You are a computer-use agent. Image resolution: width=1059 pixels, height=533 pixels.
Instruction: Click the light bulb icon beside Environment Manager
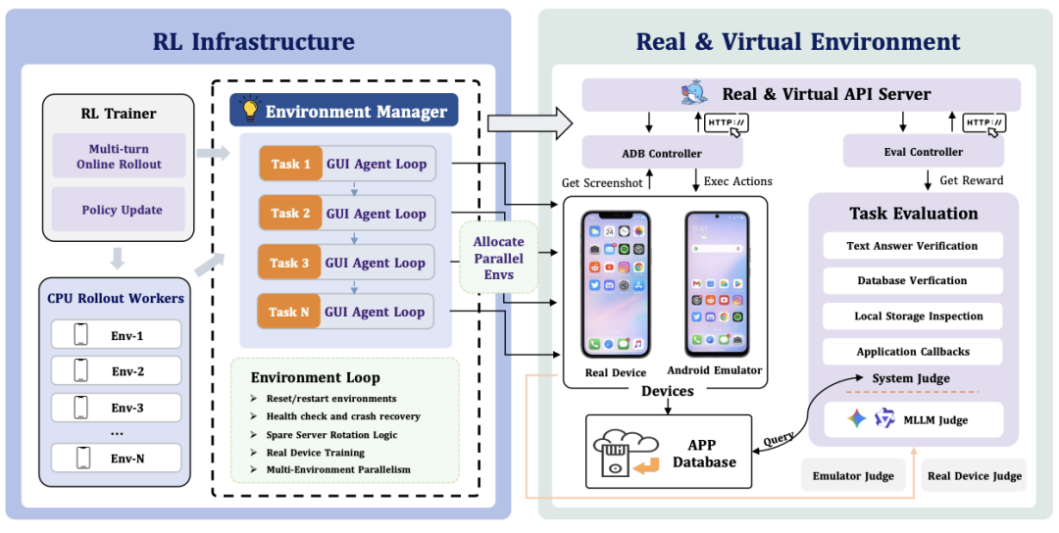tap(250, 110)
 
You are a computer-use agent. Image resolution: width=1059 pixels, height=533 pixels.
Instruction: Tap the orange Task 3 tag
tap(289, 263)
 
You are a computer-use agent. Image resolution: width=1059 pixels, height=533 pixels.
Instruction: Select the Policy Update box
tap(119, 210)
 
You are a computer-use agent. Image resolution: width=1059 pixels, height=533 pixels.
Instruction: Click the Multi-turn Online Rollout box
tap(119, 156)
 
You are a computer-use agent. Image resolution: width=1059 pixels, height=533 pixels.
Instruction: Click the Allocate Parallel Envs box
tap(498, 257)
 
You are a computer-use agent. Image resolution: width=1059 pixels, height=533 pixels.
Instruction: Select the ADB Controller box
tap(662, 153)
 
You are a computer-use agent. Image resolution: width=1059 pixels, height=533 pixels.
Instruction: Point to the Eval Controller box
tap(924, 152)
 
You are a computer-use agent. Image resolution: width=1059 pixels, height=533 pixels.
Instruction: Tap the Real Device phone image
tap(616, 284)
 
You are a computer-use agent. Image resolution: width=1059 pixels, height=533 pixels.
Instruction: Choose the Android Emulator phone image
tap(717, 284)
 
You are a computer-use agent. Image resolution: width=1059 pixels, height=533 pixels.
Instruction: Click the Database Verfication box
tap(913, 280)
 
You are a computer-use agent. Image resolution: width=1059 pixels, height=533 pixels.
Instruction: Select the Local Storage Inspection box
tap(913, 315)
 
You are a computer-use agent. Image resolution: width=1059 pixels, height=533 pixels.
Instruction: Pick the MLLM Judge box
tap(913, 419)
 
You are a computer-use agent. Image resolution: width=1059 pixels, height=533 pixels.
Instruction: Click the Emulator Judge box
tap(853, 475)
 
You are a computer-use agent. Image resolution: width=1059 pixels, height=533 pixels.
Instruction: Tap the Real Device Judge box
tap(974, 475)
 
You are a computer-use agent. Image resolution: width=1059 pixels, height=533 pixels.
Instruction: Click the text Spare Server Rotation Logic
tap(331, 434)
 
